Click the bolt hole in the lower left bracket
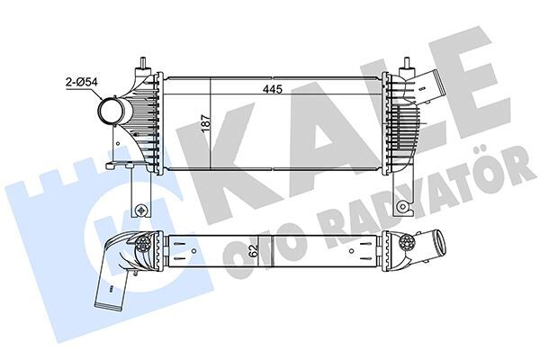tap(140, 211)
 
